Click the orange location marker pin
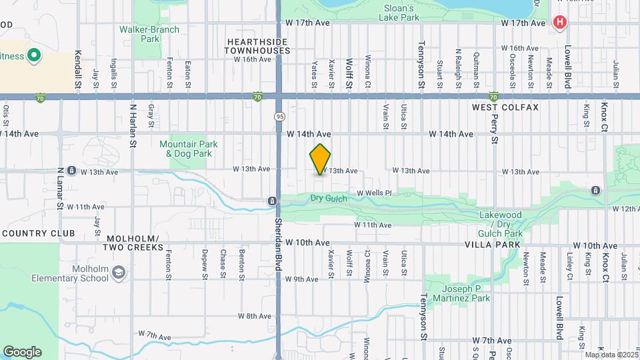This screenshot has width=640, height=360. click(x=320, y=159)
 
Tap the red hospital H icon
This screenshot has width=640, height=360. click(x=559, y=22)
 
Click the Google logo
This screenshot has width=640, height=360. click(x=22, y=351)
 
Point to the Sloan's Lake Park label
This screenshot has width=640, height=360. click(x=401, y=13)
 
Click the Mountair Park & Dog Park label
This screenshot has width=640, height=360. click(x=185, y=149)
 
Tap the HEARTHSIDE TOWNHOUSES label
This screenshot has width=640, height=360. click(x=257, y=46)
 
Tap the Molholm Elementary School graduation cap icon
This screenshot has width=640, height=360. click(x=118, y=272)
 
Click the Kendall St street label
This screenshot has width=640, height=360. click(x=78, y=71)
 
